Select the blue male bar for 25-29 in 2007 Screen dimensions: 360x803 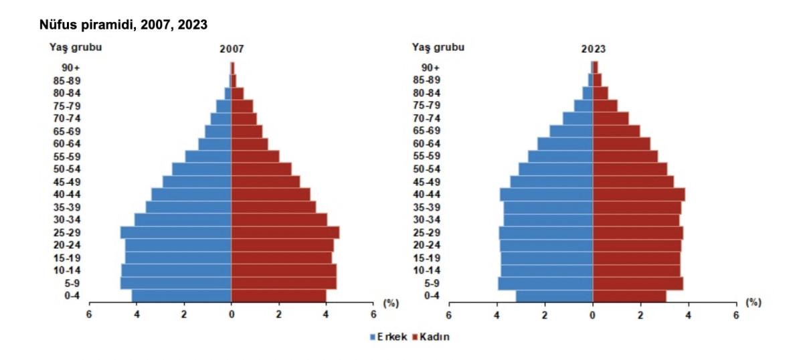176,232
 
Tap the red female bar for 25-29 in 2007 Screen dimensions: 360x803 285,232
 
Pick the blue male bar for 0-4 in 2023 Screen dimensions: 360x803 554,296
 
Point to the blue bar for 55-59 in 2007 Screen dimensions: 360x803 208,156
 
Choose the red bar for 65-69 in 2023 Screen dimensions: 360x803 616,130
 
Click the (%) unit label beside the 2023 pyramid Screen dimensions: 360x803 753,302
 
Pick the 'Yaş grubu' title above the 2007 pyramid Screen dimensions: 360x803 75,47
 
